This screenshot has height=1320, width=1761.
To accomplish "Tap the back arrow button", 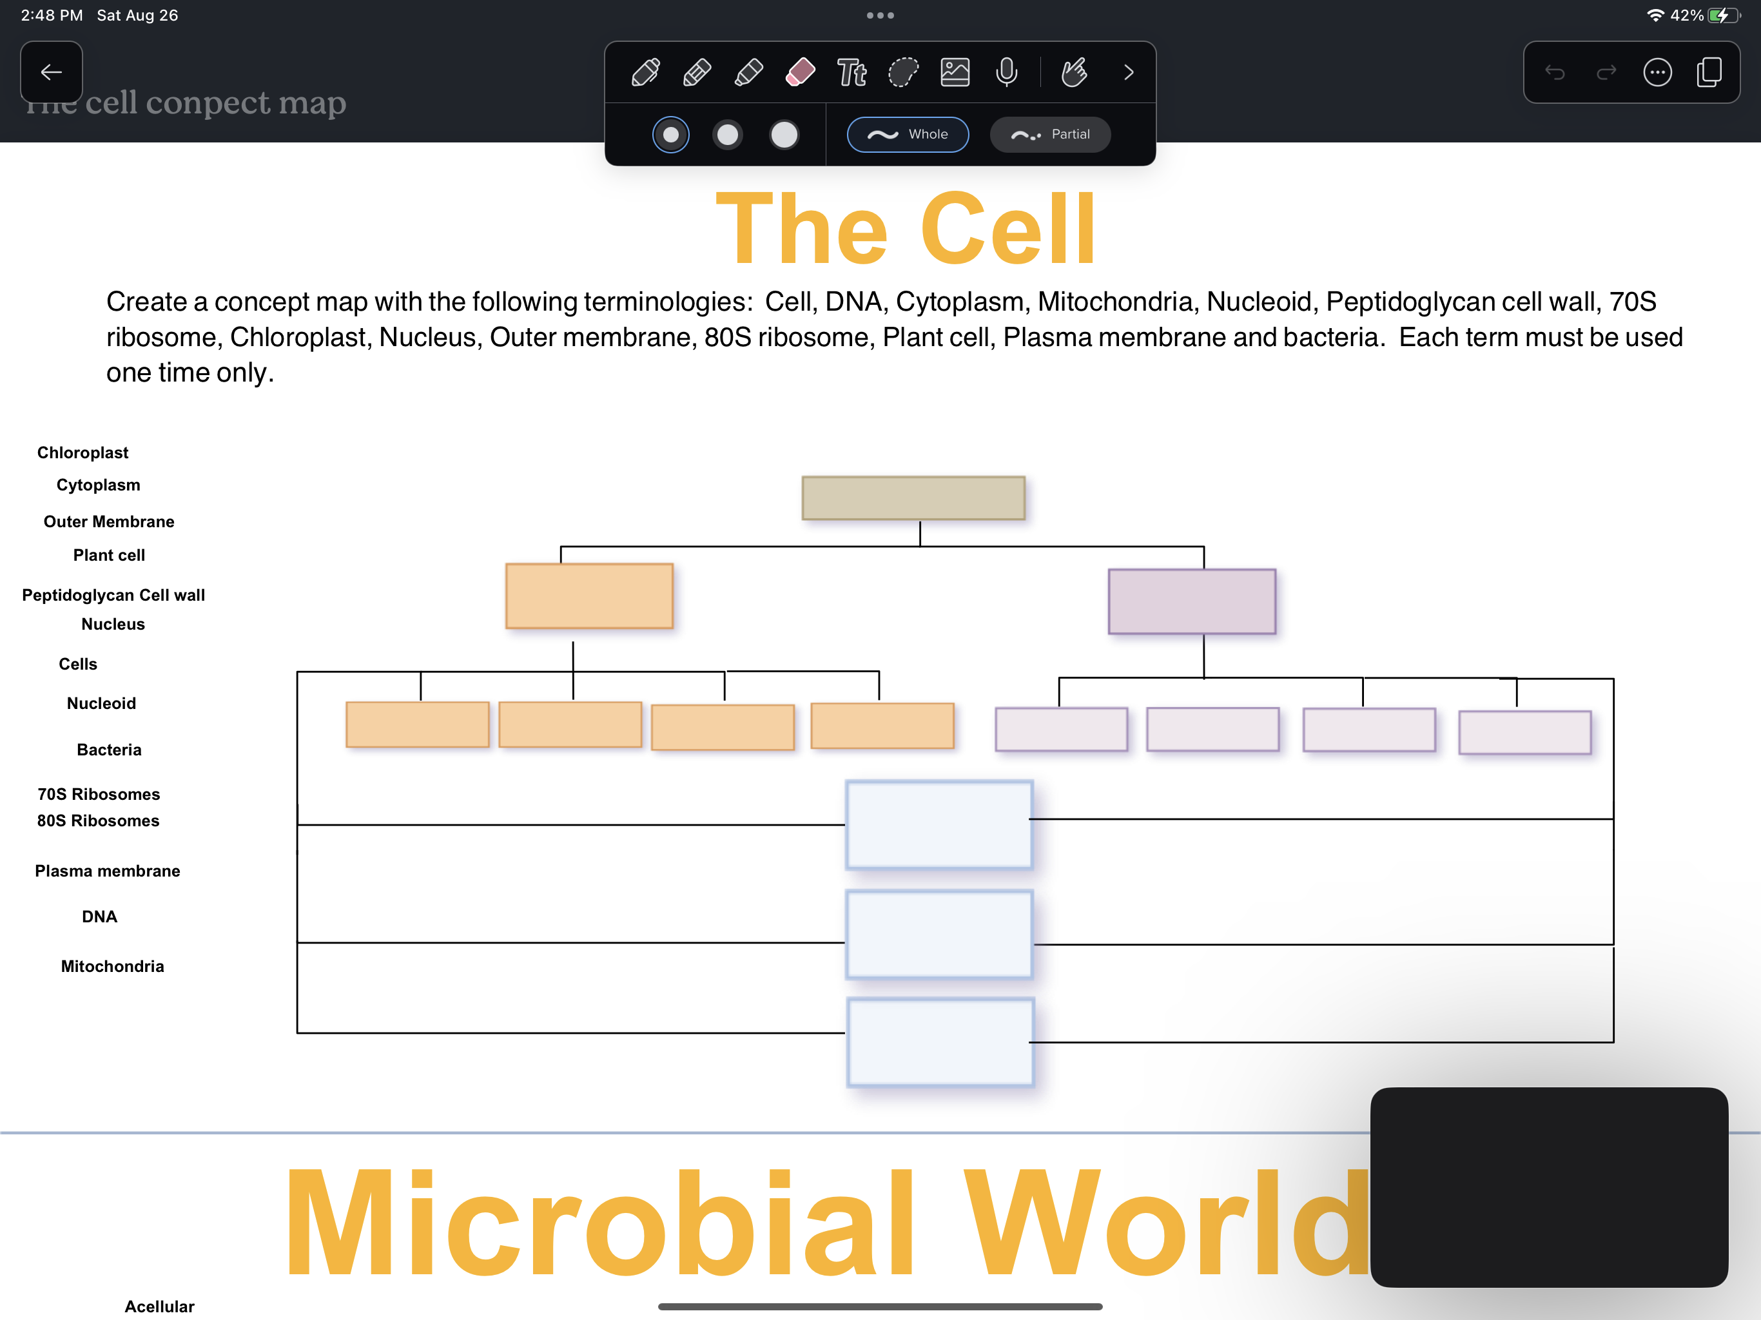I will click(x=52, y=72).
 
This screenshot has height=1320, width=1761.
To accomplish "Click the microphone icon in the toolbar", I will click(x=1006, y=72).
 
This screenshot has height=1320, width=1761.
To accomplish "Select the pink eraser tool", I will click(x=800, y=72).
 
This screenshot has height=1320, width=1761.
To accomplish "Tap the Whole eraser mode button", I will click(x=908, y=135).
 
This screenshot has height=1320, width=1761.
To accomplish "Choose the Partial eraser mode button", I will click(x=1050, y=135).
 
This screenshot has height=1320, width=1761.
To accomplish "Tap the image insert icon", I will click(x=955, y=72).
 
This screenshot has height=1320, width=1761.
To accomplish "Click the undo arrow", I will click(x=1555, y=72).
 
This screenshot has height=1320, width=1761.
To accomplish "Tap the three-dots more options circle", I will click(x=1657, y=72).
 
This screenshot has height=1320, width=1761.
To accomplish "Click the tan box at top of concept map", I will click(x=913, y=498).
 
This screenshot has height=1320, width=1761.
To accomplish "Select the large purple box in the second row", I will click(x=1192, y=601).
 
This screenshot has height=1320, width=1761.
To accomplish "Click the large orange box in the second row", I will click(x=589, y=596).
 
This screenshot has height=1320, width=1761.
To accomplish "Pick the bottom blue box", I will click(x=940, y=1042).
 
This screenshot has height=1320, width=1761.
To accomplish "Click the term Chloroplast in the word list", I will click(x=83, y=452).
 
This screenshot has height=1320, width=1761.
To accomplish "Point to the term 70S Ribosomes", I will click(x=99, y=794).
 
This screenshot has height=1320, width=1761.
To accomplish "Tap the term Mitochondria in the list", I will click(x=113, y=966).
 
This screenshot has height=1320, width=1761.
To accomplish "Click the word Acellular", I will click(x=159, y=1306).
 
